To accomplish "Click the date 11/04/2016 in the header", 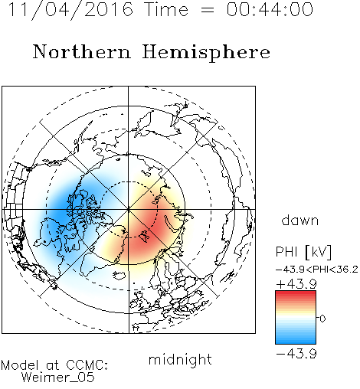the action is click(70, 10).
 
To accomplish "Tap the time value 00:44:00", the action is click(270, 9).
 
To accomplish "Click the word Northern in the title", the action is click(82, 52).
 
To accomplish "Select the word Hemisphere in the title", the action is click(206, 53).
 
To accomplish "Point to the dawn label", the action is click(299, 220).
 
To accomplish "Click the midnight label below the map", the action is click(180, 360).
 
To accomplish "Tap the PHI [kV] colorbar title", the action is click(303, 252).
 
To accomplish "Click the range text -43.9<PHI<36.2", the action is click(316, 270).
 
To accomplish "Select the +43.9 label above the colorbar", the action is click(296, 284).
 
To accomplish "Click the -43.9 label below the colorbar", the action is click(296, 354).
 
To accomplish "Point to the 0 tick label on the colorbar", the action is click(322, 319).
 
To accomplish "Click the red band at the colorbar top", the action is click(296, 294).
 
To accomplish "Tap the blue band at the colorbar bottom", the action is click(296, 341).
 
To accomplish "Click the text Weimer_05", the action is click(58, 378).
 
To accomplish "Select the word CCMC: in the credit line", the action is click(87, 365).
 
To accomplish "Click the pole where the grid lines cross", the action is click(129, 210).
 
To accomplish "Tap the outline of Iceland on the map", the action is click(119, 276).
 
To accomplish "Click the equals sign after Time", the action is click(207, 10).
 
